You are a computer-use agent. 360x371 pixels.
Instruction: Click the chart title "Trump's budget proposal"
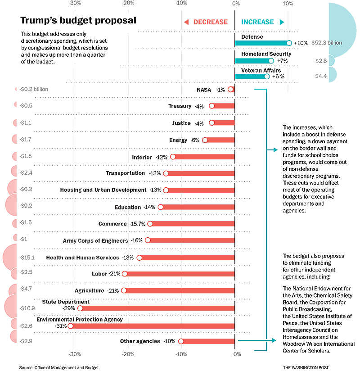pyautogui.click(x=78, y=21)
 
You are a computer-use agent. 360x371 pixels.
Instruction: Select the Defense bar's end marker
pyautogui.click(x=289, y=43)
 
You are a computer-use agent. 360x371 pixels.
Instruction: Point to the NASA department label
pyautogui.click(x=204, y=90)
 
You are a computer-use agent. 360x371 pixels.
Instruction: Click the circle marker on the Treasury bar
pyautogui.click(x=212, y=106)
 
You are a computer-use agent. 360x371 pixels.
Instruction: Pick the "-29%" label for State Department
pyautogui.click(x=70, y=308)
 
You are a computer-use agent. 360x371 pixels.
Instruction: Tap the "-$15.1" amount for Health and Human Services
pyautogui.click(x=27, y=258)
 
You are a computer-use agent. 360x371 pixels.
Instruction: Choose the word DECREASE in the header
pyautogui.click(x=211, y=22)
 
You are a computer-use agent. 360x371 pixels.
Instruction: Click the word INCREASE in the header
pyautogui.click(x=257, y=22)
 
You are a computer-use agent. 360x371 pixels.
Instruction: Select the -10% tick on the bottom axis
pyautogui.click(x=181, y=354)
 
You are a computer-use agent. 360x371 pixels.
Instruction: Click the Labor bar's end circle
pyautogui.click(x=125, y=274)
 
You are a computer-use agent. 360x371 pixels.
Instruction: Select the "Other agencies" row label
pyautogui.click(x=139, y=341)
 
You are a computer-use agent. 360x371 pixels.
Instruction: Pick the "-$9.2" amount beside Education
pyautogui.click(x=26, y=206)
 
